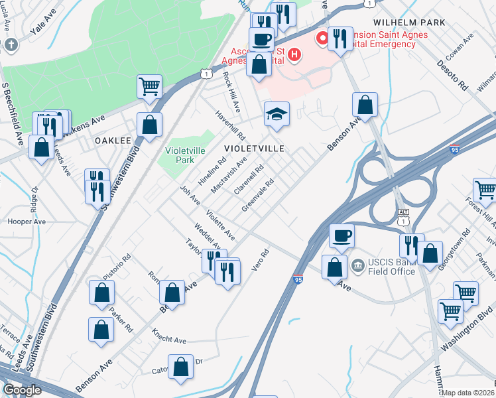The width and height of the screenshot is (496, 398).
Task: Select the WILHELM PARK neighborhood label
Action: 409,22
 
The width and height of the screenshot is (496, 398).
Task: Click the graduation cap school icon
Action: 277,114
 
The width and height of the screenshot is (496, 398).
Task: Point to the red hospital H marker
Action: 323,38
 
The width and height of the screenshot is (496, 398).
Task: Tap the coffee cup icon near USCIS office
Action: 341,236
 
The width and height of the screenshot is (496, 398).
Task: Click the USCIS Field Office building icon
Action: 357,266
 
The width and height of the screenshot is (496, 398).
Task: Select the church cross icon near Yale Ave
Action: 11,45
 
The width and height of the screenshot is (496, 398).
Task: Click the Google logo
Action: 22,390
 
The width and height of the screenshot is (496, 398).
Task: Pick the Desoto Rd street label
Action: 452,77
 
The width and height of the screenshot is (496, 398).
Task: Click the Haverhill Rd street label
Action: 231,124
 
